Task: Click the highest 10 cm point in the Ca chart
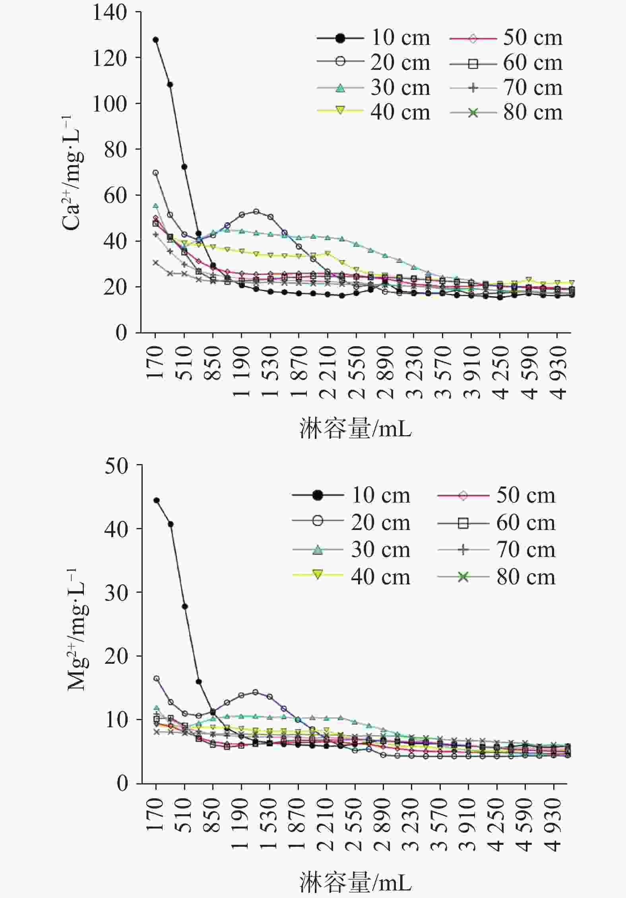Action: point(155,40)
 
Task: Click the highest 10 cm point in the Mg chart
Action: point(157,500)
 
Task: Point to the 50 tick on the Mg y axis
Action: point(116,466)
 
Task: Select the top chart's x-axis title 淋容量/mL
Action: point(356,429)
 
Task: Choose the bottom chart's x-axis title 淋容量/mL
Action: point(356,883)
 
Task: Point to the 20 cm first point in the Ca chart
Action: point(155,173)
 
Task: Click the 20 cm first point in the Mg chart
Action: point(157,678)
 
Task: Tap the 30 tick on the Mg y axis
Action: point(116,592)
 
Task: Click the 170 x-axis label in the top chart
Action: point(155,362)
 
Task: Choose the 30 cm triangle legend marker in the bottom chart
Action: point(318,550)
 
